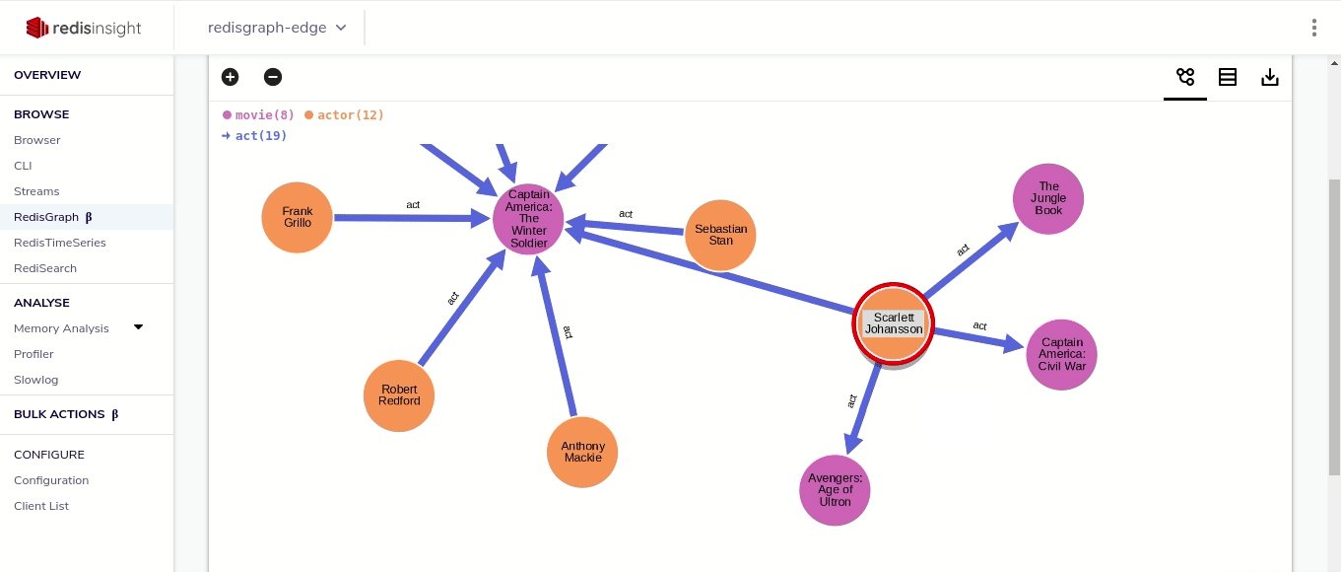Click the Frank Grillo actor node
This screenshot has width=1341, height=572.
click(x=297, y=217)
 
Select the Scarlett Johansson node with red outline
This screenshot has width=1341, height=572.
click(x=894, y=323)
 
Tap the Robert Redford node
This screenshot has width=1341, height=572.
click(x=399, y=395)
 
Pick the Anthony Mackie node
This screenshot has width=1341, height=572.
click(x=582, y=452)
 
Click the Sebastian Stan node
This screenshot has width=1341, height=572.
click(x=720, y=235)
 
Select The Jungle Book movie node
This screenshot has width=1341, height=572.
click(x=1048, y=198)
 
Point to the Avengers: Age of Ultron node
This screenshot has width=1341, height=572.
click(x=835, y=490)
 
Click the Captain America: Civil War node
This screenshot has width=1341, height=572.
click(x=1061, y=354)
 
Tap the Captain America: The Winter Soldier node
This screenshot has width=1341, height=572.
click(x=529, y=219)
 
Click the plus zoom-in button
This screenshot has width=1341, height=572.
click(x=230, y=77)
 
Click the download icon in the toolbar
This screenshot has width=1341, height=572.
click(x=1270, y=77)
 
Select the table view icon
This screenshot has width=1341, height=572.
click(x=1228, y=77)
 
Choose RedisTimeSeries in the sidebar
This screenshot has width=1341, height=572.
click(x=60, y=243)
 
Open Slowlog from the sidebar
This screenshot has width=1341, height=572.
click(x=35, y=380)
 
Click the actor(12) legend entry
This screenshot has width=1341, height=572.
click(x=344, y=115)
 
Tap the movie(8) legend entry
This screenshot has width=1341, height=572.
click(x=258, y=115)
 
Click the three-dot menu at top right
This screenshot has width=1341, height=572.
click(x=1314, y=28)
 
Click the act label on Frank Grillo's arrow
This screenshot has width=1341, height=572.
click(x=413, y=205)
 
